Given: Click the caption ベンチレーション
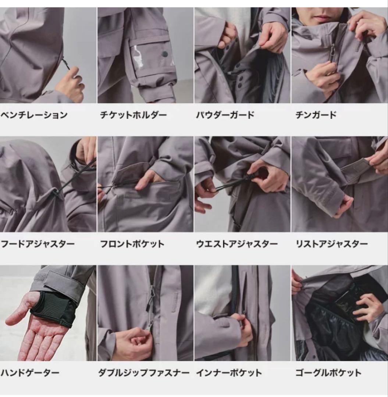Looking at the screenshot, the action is [x=34, y=115].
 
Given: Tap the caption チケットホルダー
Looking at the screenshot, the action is [x=133, y=115].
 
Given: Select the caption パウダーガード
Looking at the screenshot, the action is [x=225, y=115].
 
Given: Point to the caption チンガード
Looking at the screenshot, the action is [x=316, y=115].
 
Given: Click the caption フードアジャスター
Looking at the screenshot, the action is [x=38, y=244].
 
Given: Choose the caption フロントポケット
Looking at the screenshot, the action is [x=132, y=244].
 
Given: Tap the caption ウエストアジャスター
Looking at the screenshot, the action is [x=237, y=244].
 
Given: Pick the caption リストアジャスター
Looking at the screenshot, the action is [x=331, y=244].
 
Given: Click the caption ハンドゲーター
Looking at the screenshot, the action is [x=30, y=373].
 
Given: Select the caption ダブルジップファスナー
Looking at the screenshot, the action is [x=143, y=373].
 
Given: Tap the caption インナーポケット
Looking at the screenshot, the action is [x=229, y=373].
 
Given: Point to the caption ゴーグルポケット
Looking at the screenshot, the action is [x=328, y=373].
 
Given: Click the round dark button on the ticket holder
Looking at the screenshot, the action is [x=165, y=54].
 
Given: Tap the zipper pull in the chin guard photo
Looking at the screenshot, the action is [x=332, y=49].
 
